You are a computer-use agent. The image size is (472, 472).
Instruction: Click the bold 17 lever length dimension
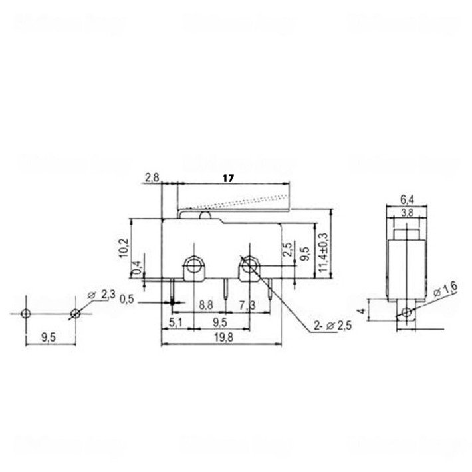228,178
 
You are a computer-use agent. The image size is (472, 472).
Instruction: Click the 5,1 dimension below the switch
176,324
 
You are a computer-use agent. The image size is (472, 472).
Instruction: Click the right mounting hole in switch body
249,265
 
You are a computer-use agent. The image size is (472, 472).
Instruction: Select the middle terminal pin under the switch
227,289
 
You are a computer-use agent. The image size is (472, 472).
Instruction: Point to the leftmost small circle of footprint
25,313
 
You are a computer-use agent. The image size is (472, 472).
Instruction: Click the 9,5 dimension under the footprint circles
49,338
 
